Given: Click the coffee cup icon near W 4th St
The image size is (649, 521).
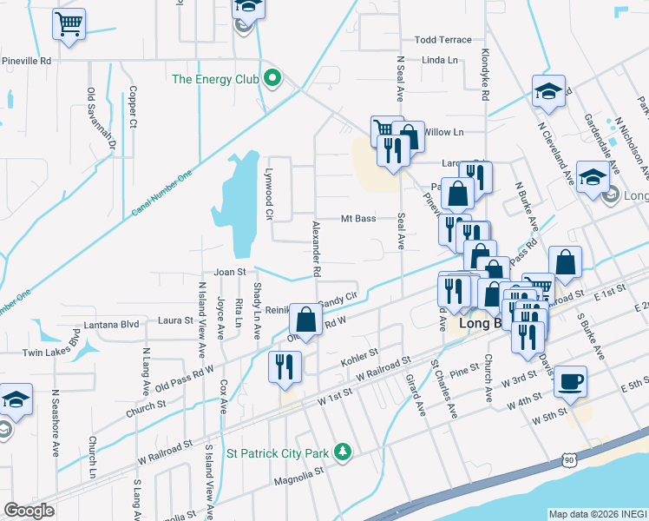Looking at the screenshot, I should [570, 381].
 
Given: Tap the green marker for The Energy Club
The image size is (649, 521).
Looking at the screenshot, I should [272, 79].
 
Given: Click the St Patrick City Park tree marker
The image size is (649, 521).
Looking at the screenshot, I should [344, 452].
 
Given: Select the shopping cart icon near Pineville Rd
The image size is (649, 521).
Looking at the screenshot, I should [69, 23].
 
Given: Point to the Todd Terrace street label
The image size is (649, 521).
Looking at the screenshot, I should [442, 40].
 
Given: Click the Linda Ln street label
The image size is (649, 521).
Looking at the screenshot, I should [439, 60].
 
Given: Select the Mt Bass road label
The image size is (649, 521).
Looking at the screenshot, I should [357, 219].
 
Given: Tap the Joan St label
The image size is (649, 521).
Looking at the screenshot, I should [230, 272].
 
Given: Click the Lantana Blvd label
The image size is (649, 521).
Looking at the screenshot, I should [111, 326].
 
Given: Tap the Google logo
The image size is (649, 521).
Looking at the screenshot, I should [29, 511].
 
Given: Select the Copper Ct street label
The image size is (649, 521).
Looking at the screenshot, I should [133, 106].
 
